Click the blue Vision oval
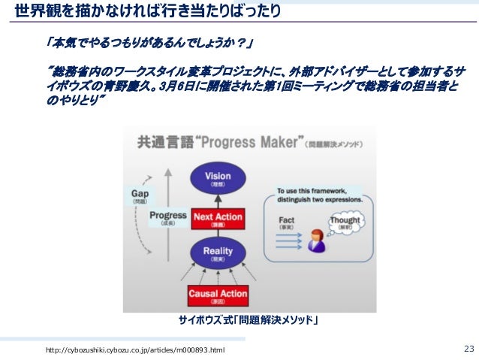(x=217, y=179)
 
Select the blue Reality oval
(x=217, y=253)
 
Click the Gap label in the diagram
(x=140, y=195)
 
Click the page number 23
(x=469, y=348)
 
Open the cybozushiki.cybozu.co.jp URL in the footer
(x=134, y=350)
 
